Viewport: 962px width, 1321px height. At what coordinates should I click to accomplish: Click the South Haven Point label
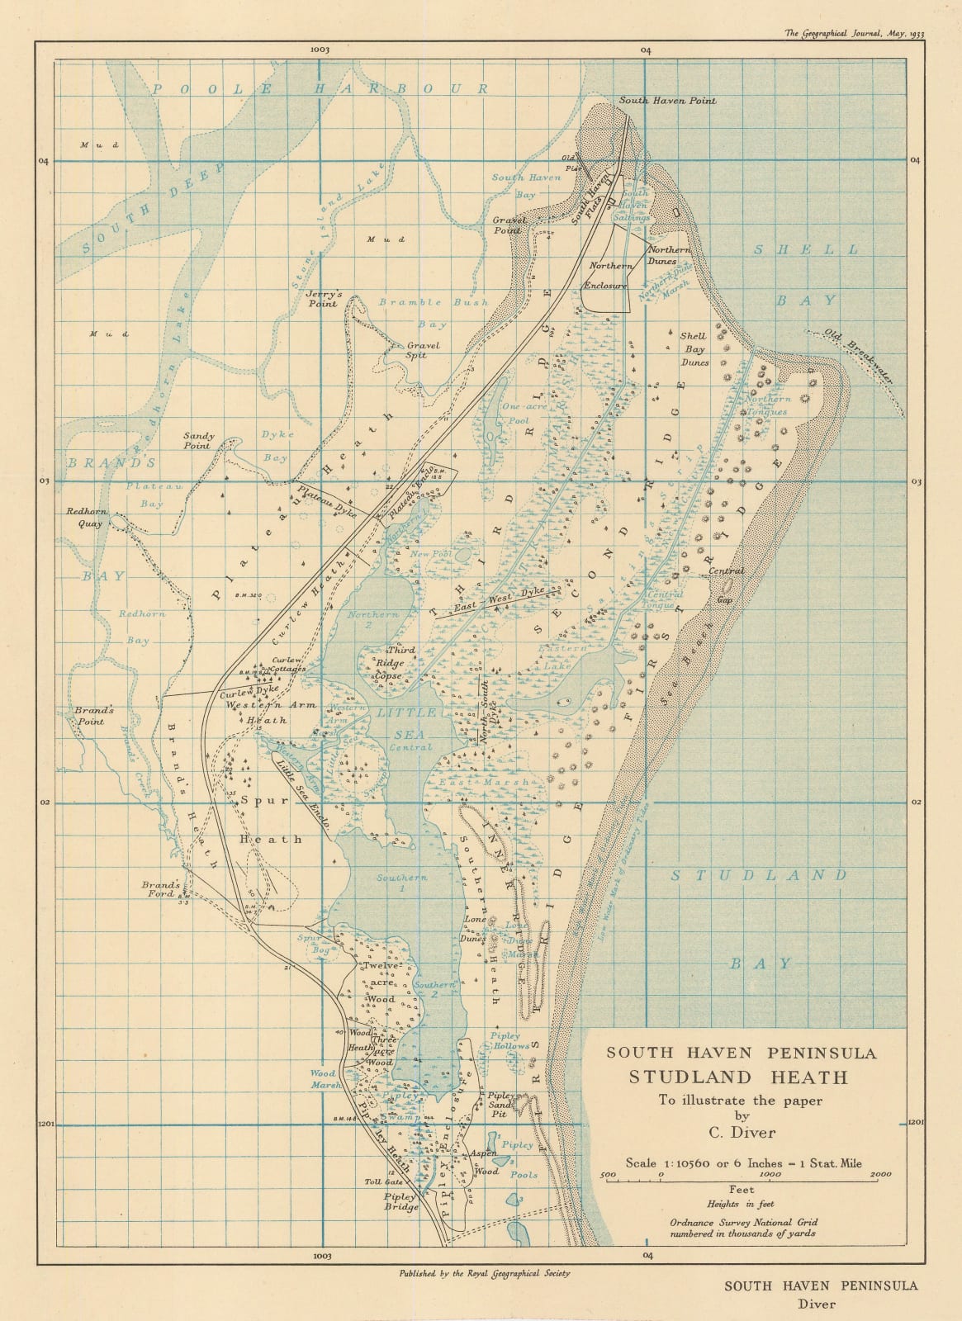pos(667,101)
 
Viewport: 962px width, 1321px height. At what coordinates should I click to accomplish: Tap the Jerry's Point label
pos(322,298)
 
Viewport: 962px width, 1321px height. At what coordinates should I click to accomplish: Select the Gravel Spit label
pos(422,350)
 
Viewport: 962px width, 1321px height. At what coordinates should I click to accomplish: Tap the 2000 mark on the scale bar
pos(879,1174)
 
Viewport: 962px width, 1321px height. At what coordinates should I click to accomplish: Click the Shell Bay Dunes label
pos(694,349)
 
